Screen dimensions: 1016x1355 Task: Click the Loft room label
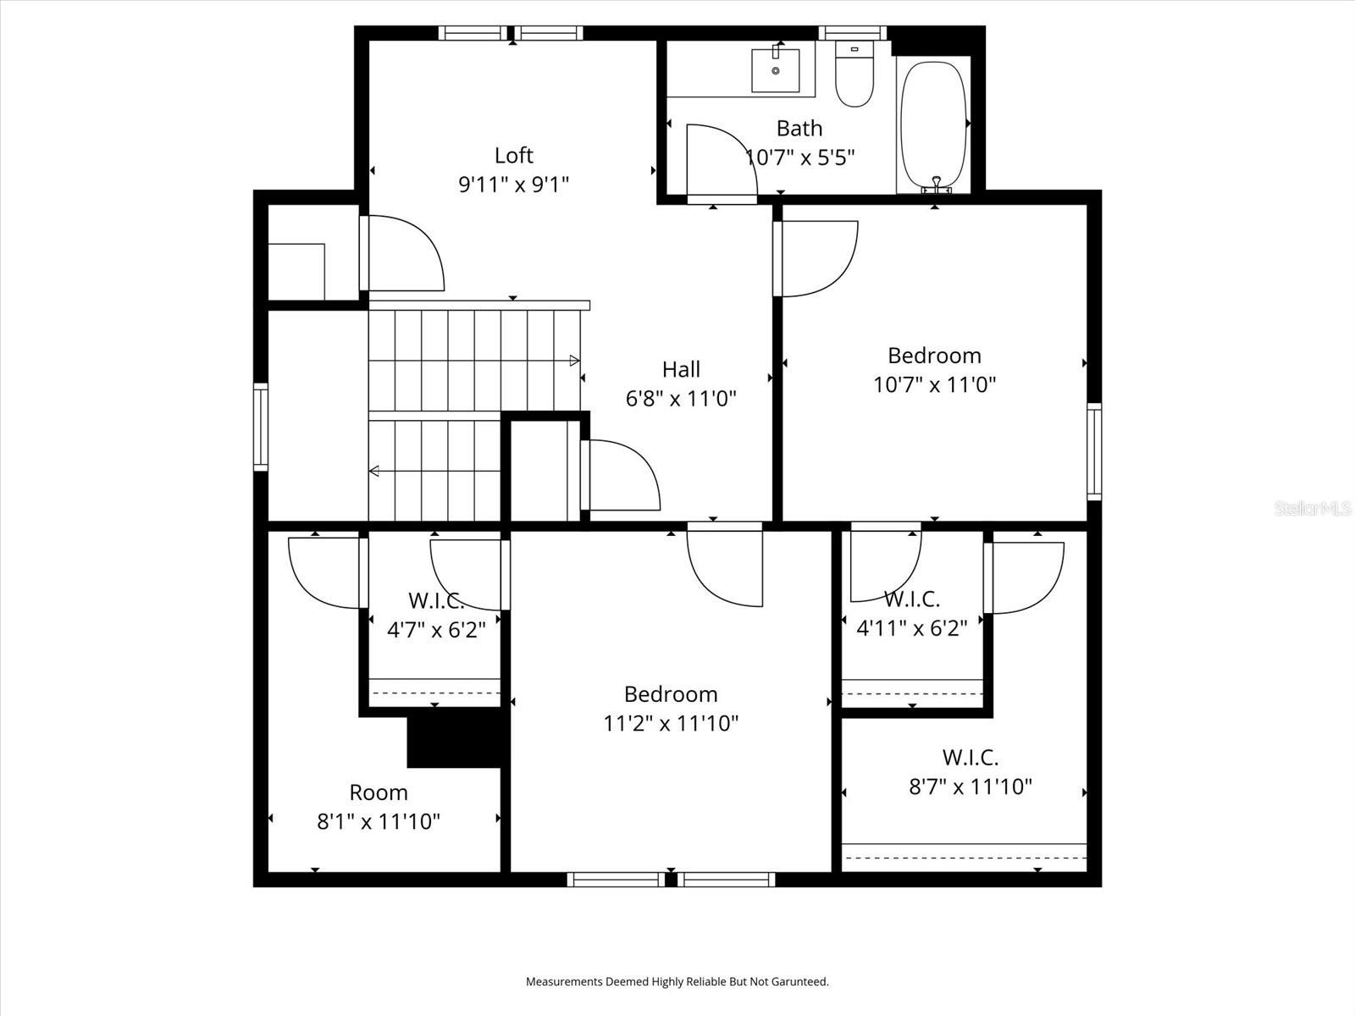click(x=514, y=156)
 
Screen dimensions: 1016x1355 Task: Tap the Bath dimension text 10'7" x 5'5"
click(x=799, y=157)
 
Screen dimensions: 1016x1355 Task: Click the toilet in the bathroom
click(x=854, y=76)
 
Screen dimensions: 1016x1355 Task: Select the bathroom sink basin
click(x=776, y=70)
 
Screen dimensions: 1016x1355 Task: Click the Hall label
click(x=681, y=369)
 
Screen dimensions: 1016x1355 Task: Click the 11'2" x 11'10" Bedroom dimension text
click(x=671, y=724)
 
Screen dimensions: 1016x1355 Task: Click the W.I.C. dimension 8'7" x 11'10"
click(x=971, y=787)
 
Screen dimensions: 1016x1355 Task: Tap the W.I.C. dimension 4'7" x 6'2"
click(x=436, y=630)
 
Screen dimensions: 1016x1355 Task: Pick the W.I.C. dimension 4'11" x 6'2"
click(x=912, y=628)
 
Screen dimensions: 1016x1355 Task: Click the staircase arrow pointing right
click(x=574, y=361)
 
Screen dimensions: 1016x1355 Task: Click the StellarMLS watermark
click(x=1314, y=509)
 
